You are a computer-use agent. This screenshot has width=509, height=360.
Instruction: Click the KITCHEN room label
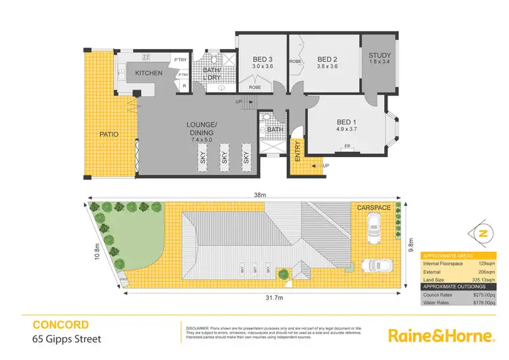(149, 73)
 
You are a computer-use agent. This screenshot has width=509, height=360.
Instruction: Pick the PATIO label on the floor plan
(108, 134)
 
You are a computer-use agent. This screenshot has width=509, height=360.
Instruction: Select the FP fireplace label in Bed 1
(347, 146)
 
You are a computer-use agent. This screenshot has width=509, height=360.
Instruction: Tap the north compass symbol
(483, 233)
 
